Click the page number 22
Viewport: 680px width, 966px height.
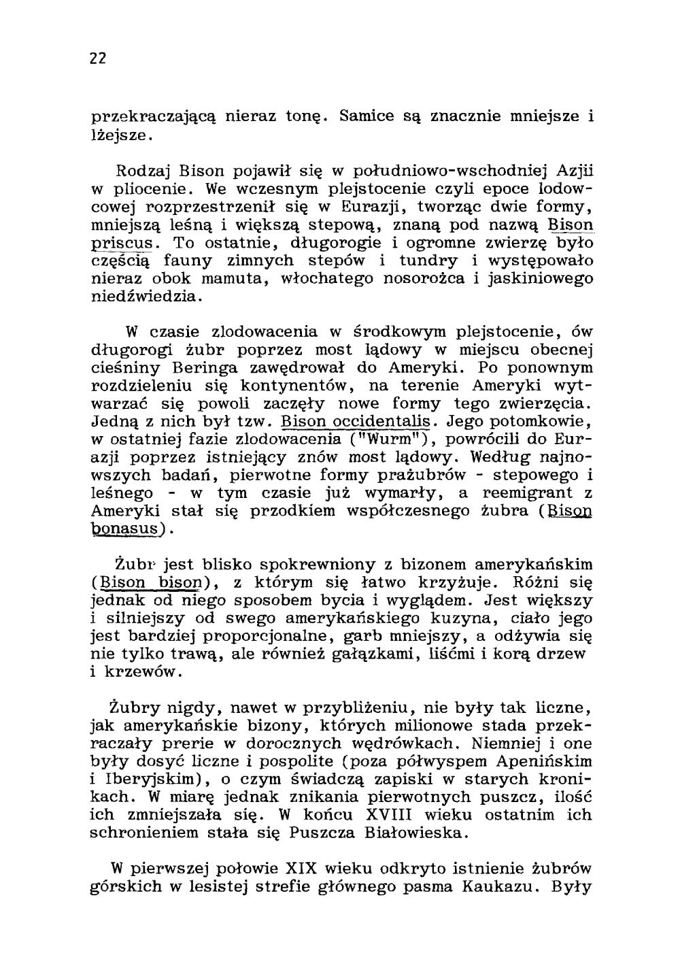point(98,59)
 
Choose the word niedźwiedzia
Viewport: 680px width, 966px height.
point(143,297)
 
